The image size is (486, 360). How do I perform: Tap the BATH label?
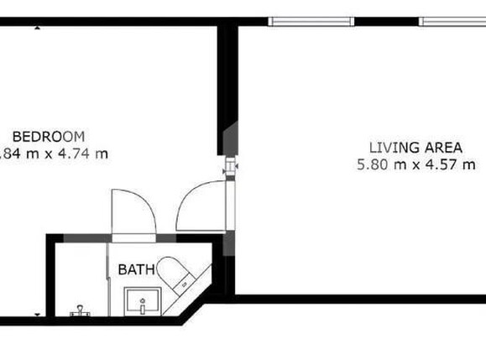point(135,270)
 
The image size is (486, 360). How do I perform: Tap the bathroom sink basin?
point(142,299)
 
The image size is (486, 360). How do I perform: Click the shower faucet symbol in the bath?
point(81,310)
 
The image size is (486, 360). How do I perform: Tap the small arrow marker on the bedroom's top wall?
point(39,27)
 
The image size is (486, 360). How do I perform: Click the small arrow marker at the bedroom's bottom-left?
point(38,315)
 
